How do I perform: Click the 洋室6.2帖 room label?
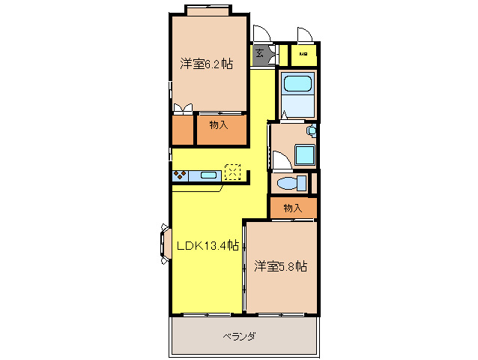[x=206, y=64]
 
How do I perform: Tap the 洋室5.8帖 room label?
[x=281, y=265]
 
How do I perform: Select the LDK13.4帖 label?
[x=208, y=245]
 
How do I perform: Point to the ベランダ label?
[x=239, y=337]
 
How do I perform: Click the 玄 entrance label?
[x=259, y=53]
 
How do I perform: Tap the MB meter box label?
[x=303, y=55]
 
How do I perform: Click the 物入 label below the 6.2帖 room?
[x=219, y=125]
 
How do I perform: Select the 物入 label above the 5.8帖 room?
[x=293, y=208]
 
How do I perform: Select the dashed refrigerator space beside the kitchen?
[x=233, y=172]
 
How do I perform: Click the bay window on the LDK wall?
[x=164, y=244]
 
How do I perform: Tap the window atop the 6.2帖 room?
[x=208, y=10]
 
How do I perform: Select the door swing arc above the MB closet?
[x=305, y=35]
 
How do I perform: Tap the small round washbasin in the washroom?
[x=312, y=130]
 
